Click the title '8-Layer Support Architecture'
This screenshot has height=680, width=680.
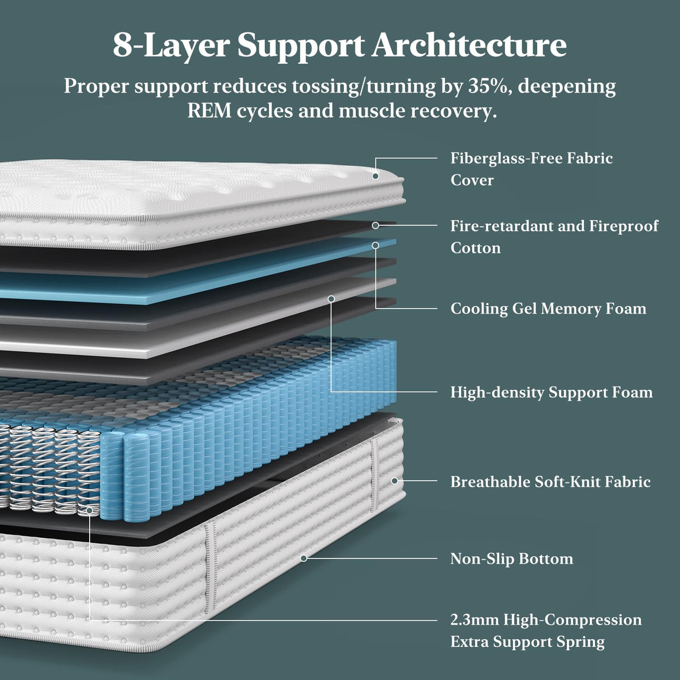coord(339,45)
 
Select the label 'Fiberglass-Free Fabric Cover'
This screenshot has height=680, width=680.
coord(531,169)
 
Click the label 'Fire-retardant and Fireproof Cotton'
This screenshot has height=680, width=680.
coord(554,236)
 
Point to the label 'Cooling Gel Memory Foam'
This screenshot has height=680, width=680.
coord(548,309)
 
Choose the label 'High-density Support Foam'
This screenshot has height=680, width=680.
coord(551,392)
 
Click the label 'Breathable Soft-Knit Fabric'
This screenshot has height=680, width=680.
coord(550,482)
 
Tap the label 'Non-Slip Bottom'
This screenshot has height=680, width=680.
coord(511,558)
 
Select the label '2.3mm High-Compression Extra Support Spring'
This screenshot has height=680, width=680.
coord(546,630)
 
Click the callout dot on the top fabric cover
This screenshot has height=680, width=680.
coord(375,176)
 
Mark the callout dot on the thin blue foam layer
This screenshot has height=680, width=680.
coord(375,245)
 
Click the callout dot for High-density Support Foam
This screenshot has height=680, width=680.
coord(331,299)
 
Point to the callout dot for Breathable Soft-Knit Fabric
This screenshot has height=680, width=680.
coord(394,481)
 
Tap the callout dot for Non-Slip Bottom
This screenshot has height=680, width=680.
coord(304,558)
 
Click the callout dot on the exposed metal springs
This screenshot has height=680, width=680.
coord(90,510)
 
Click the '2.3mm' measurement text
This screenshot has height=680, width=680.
coord(474,620)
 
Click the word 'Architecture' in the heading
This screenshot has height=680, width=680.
coord(469,45)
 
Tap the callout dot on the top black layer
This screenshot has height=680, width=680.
coord(375,225)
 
